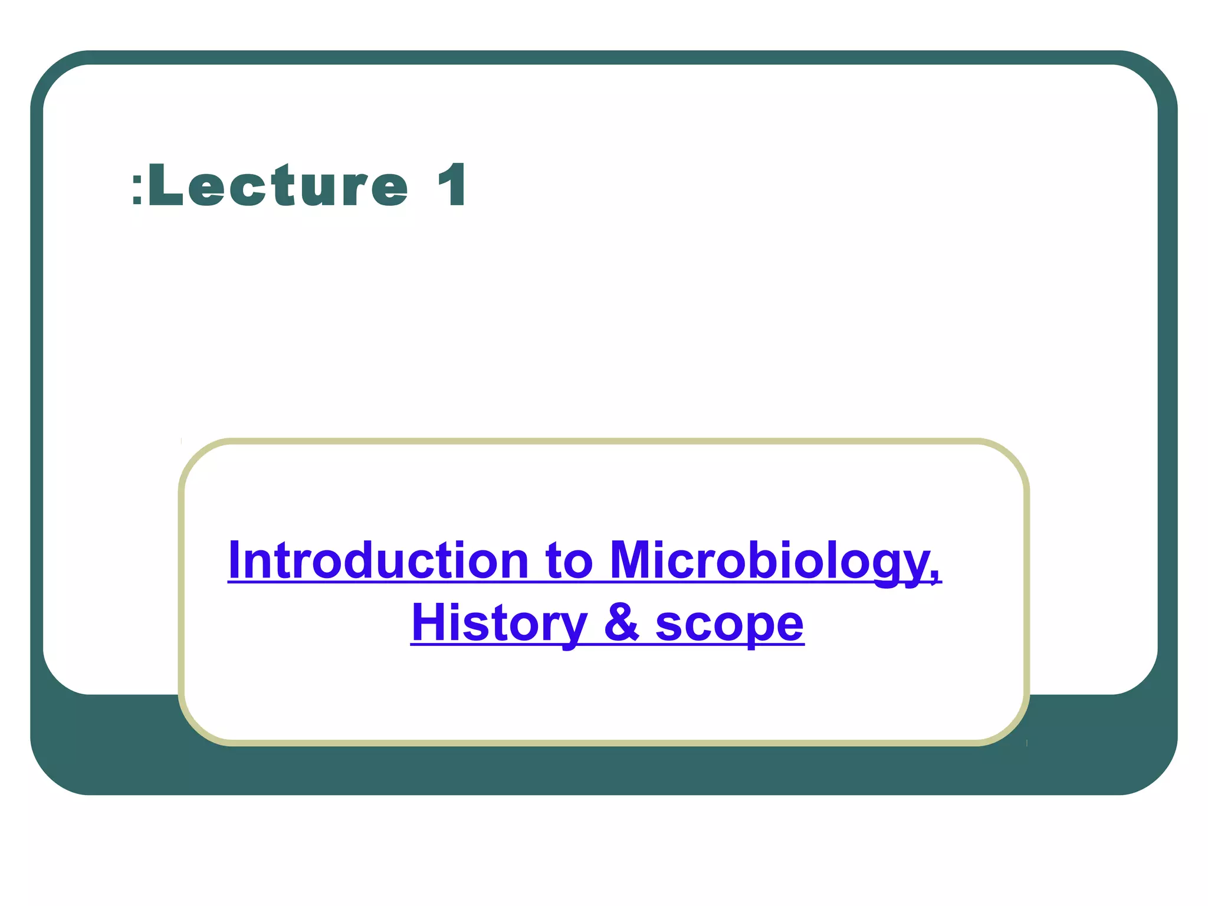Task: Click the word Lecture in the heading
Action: tap(277, 186)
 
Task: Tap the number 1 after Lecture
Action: tap(453, 186)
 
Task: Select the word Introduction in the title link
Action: tap(378, 560)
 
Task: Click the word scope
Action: tap(729, 624)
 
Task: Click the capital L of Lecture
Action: tap(165, 186)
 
